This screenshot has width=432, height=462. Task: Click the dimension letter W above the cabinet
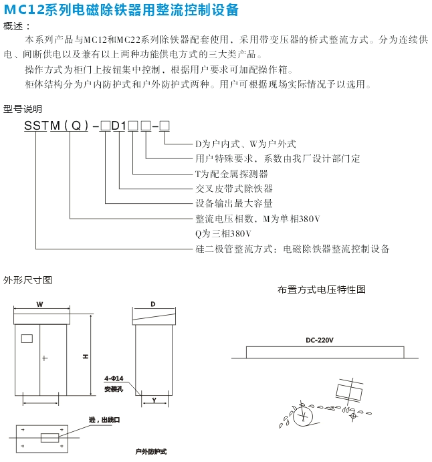[x=39, y=304]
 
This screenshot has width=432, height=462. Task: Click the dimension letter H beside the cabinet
[x=86, y=356]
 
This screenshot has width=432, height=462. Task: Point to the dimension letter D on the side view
[x=153, y=304]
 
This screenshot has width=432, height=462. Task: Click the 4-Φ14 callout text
[x=114, y=378]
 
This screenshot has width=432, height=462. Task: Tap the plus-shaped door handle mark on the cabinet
[x=45, y=358]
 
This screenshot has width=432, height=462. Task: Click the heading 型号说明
[x=23, y=108]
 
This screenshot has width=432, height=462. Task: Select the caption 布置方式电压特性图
[x=322, y=290]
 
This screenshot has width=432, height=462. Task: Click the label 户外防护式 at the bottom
[x=150, y=453]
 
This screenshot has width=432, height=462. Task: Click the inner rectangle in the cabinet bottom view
[x=51, y=439]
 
